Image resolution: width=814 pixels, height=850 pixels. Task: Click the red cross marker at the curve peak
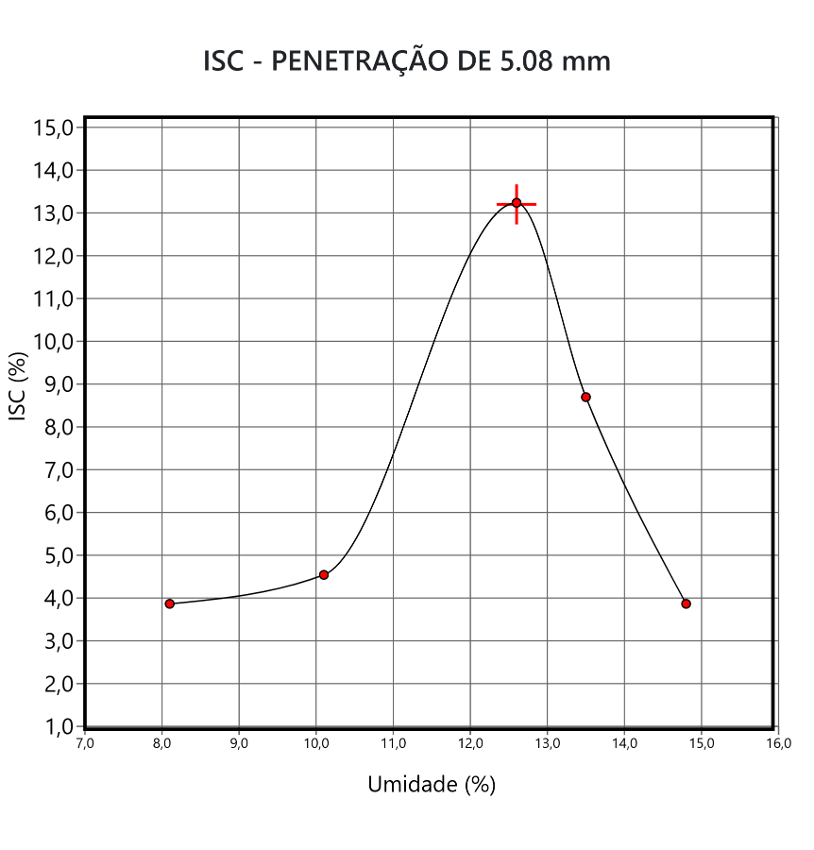(x=517, y=203)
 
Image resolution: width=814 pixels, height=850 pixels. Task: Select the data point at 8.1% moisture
(x=170, y=603)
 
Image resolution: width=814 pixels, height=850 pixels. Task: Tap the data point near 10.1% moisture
(x=324, y=574)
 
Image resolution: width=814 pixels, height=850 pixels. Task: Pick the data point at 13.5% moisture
(x=585, y=397)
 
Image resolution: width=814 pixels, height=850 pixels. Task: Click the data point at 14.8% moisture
(x=686, y=603)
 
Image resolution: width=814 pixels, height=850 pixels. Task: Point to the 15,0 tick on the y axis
(x=55, y=127)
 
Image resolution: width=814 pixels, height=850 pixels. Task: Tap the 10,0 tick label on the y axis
(x=55, y=341)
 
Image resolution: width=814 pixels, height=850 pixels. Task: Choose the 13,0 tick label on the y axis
(x=55, y=212)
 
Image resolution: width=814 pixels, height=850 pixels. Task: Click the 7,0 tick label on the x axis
(x=85, y=743)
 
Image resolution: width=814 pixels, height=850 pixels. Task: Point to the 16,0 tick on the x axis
(x=777, y=743)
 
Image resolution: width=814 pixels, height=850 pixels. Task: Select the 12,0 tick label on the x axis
(x=470, y=743)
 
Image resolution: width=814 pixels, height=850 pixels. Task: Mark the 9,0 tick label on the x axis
(x=239, y=743)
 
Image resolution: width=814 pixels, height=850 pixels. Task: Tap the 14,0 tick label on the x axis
(x=624, y=743)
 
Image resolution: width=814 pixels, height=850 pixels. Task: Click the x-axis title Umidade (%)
(x=432, y=784)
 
